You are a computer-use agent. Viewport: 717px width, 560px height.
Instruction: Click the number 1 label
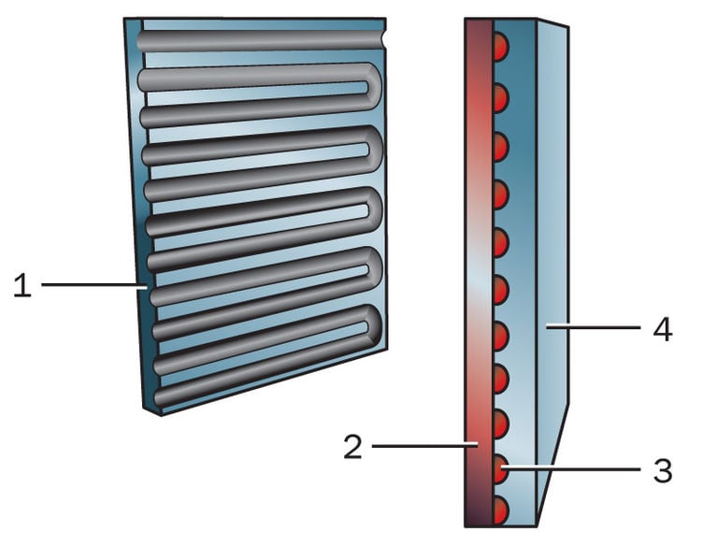[22, 285]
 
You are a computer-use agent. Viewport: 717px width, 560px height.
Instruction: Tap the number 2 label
[351, 446]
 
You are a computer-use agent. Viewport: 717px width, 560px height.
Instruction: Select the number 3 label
[662, 470]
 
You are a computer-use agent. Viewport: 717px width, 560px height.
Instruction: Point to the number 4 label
[662, 328]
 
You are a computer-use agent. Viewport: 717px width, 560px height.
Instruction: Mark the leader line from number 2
[425, 446]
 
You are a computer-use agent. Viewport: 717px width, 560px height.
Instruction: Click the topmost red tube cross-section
[500, 46]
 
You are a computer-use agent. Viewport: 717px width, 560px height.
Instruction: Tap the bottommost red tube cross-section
[500, 510]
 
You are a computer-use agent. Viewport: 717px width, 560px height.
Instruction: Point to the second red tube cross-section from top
[500, 96]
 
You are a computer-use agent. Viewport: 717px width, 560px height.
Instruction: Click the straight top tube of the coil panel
[262, 40]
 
